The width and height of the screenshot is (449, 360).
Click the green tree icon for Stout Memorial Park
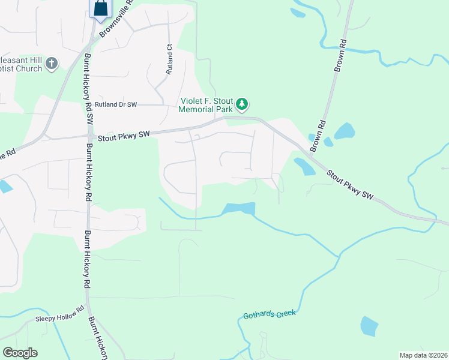point(242,105)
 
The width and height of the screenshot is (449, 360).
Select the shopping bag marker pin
point(100,9)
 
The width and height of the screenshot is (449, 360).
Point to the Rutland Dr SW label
point(116,104)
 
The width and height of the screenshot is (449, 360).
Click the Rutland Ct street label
point(170,59)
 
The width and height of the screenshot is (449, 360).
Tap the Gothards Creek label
point(269,314)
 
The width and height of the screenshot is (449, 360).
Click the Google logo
point(20,353)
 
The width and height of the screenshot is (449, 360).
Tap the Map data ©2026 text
point(423,355)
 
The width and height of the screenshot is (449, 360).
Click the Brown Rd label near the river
point(340,56)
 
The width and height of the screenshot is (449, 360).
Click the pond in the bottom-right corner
point(369,326)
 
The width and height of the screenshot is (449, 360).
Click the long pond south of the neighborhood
point(239,209)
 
